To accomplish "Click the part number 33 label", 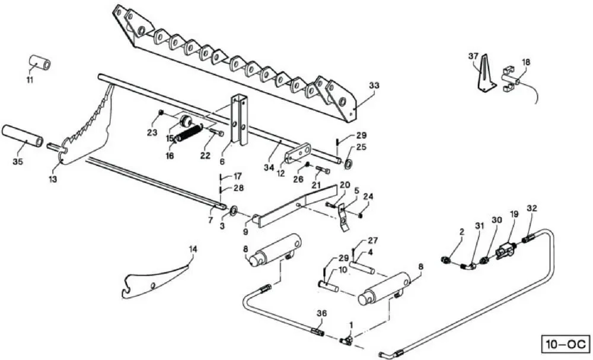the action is [374, 86].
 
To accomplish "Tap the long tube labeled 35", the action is [23, 136].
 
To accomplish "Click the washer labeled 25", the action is [348, 164].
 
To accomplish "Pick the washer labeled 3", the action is [233, 209].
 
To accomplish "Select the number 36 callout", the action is [321, 314].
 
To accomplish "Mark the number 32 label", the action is [532, 208].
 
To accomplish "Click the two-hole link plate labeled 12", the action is [298, 153].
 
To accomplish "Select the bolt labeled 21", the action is [322, 171].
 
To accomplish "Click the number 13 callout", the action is [53, 179].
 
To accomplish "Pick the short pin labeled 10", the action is [329, 285].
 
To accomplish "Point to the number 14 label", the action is [193, 249].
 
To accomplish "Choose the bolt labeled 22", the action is [216, 132].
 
